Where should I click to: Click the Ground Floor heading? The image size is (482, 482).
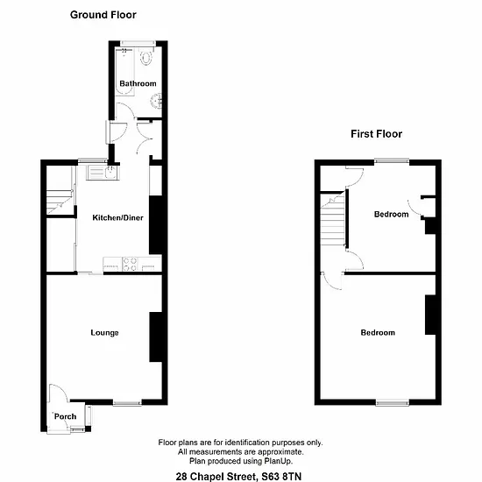pos(103,15)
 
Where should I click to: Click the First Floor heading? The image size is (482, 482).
pos(376,134)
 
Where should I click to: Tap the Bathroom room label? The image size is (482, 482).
pos(138,83)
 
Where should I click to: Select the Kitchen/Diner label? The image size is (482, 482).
pos(117,218)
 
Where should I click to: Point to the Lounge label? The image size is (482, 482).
pos(104,333)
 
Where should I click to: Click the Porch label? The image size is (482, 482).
pos(65,416)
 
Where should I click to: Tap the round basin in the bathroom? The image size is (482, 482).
pos(156,101)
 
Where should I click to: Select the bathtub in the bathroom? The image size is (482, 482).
pos(124,72)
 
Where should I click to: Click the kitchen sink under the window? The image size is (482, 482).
pos(103,172)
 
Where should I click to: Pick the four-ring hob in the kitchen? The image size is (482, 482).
pos(130,265)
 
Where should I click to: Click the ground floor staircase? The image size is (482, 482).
pos(60,202)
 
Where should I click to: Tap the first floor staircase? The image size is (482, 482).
pos(333,219)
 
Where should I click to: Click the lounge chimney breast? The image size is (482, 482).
pos(155,337)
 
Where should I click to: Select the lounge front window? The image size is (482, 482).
pos(127,403)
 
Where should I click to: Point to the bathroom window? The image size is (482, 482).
pos(138,44)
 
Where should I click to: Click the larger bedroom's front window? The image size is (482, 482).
pos(393,402)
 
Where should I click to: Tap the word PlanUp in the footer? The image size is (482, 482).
pos(278,461)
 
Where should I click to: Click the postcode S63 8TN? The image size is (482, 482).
pos(281,477)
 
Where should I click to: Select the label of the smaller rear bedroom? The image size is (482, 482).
pos(392,214)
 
